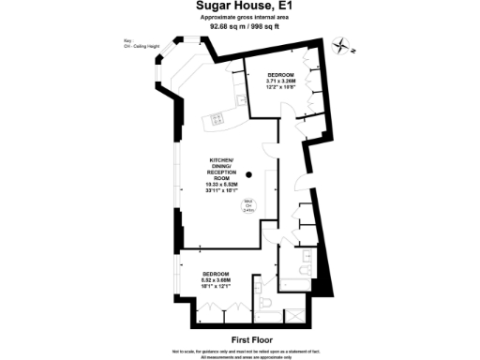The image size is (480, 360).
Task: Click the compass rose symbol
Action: point(346,47)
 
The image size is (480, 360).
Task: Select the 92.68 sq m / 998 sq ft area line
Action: point(239,26)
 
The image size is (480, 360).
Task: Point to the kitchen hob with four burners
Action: point(217,119)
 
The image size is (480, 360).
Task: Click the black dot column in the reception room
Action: point(249,175)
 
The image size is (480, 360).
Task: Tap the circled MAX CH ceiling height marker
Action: point(248,207)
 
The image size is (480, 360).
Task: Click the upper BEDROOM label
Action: point(280,74)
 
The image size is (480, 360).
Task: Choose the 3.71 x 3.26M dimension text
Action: point(280,81)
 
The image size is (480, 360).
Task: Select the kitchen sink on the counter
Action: point(241,98)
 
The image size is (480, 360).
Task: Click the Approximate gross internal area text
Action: point(239,18)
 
